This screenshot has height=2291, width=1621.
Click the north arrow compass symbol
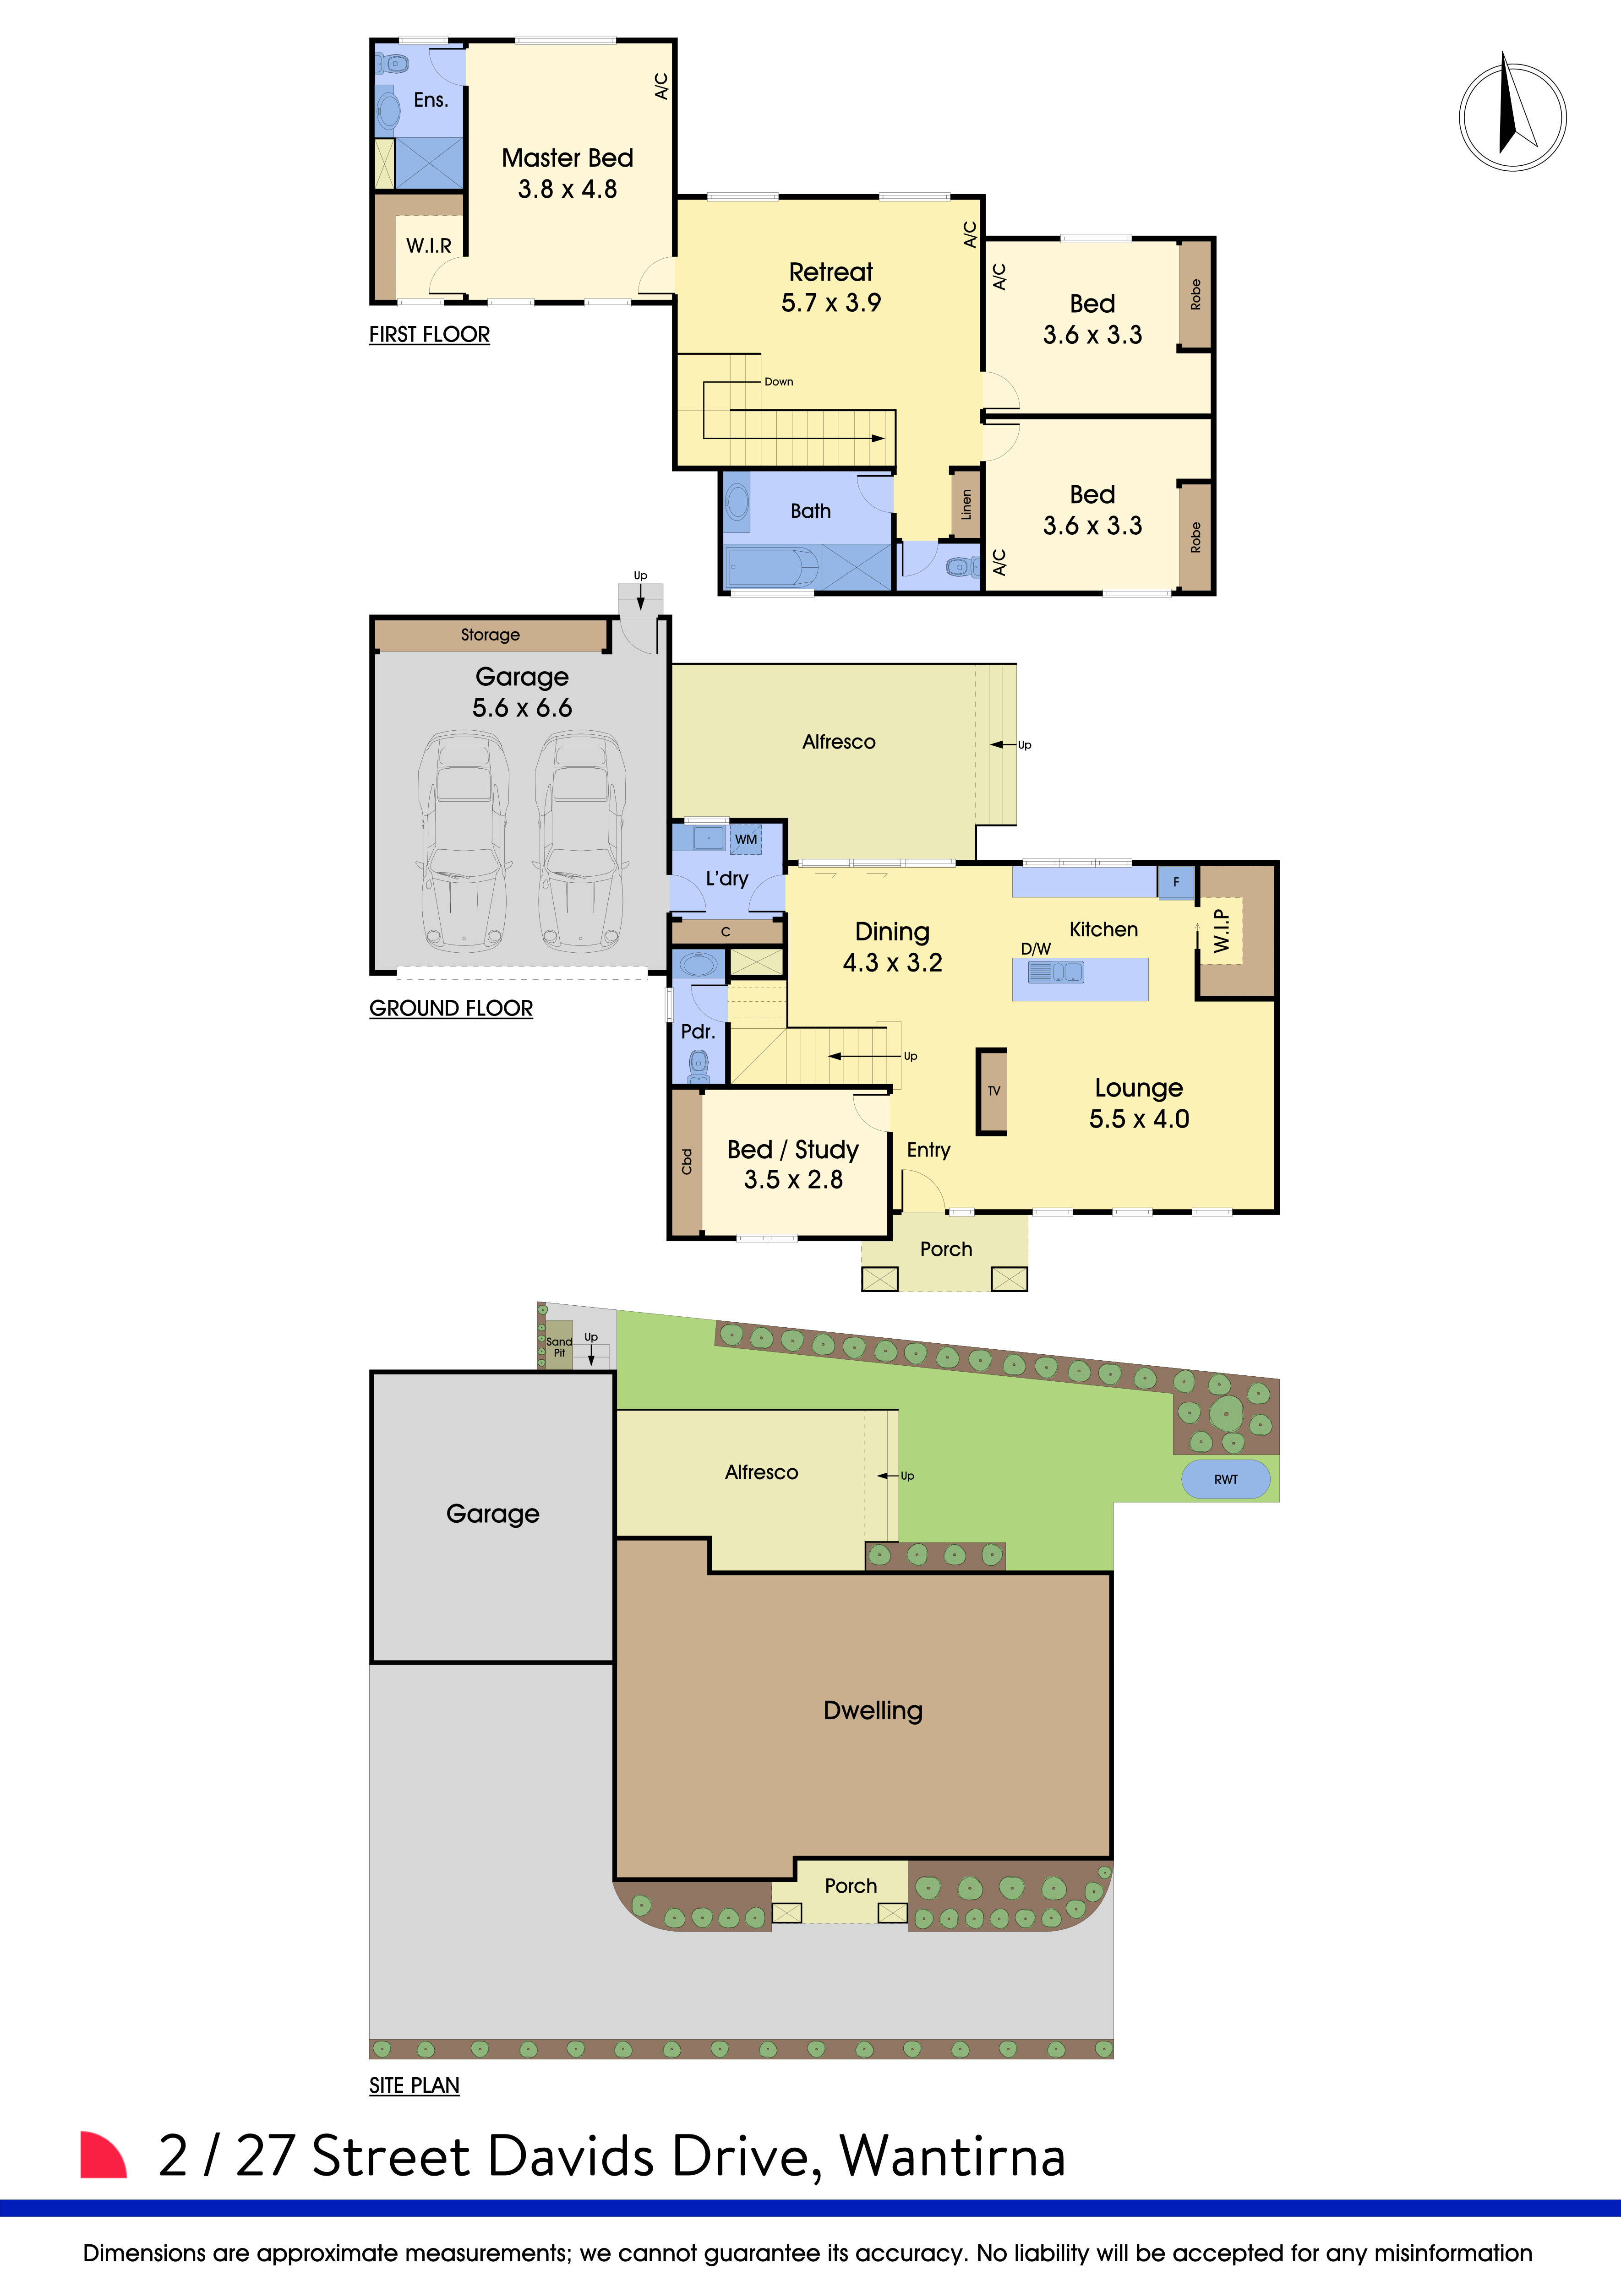1512,117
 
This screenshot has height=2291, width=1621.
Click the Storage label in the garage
490,635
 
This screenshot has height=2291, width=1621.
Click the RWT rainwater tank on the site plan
1226,1479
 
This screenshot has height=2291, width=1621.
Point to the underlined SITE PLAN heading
414,2085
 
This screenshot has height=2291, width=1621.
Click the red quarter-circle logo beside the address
102,2155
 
